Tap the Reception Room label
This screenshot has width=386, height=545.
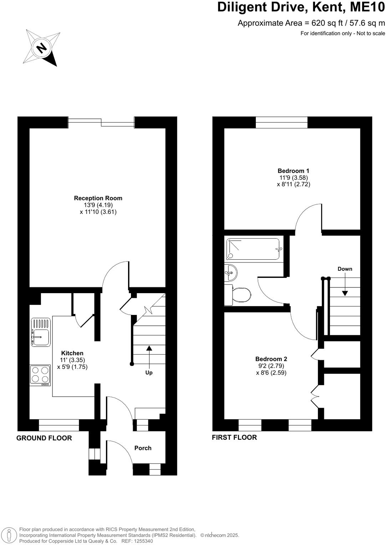tap(98, 198)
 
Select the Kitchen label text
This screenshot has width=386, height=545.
tap(72, 353)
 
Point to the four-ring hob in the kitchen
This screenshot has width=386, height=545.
tap(40, 375)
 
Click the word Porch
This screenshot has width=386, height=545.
tap(143, 448)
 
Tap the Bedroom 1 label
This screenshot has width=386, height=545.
tap(293, 171)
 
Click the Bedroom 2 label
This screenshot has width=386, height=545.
tap(271, 359)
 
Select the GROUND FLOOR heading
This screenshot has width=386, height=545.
tap(44, 438)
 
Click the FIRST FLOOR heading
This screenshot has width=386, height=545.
tap(234, 437)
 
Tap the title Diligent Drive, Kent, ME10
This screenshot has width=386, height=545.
tap(301, 7)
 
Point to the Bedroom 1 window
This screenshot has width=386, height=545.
tap(281, 122)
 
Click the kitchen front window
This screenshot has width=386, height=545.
tap(59, 425)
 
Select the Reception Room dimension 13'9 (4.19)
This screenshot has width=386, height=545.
tap(98, 205)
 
